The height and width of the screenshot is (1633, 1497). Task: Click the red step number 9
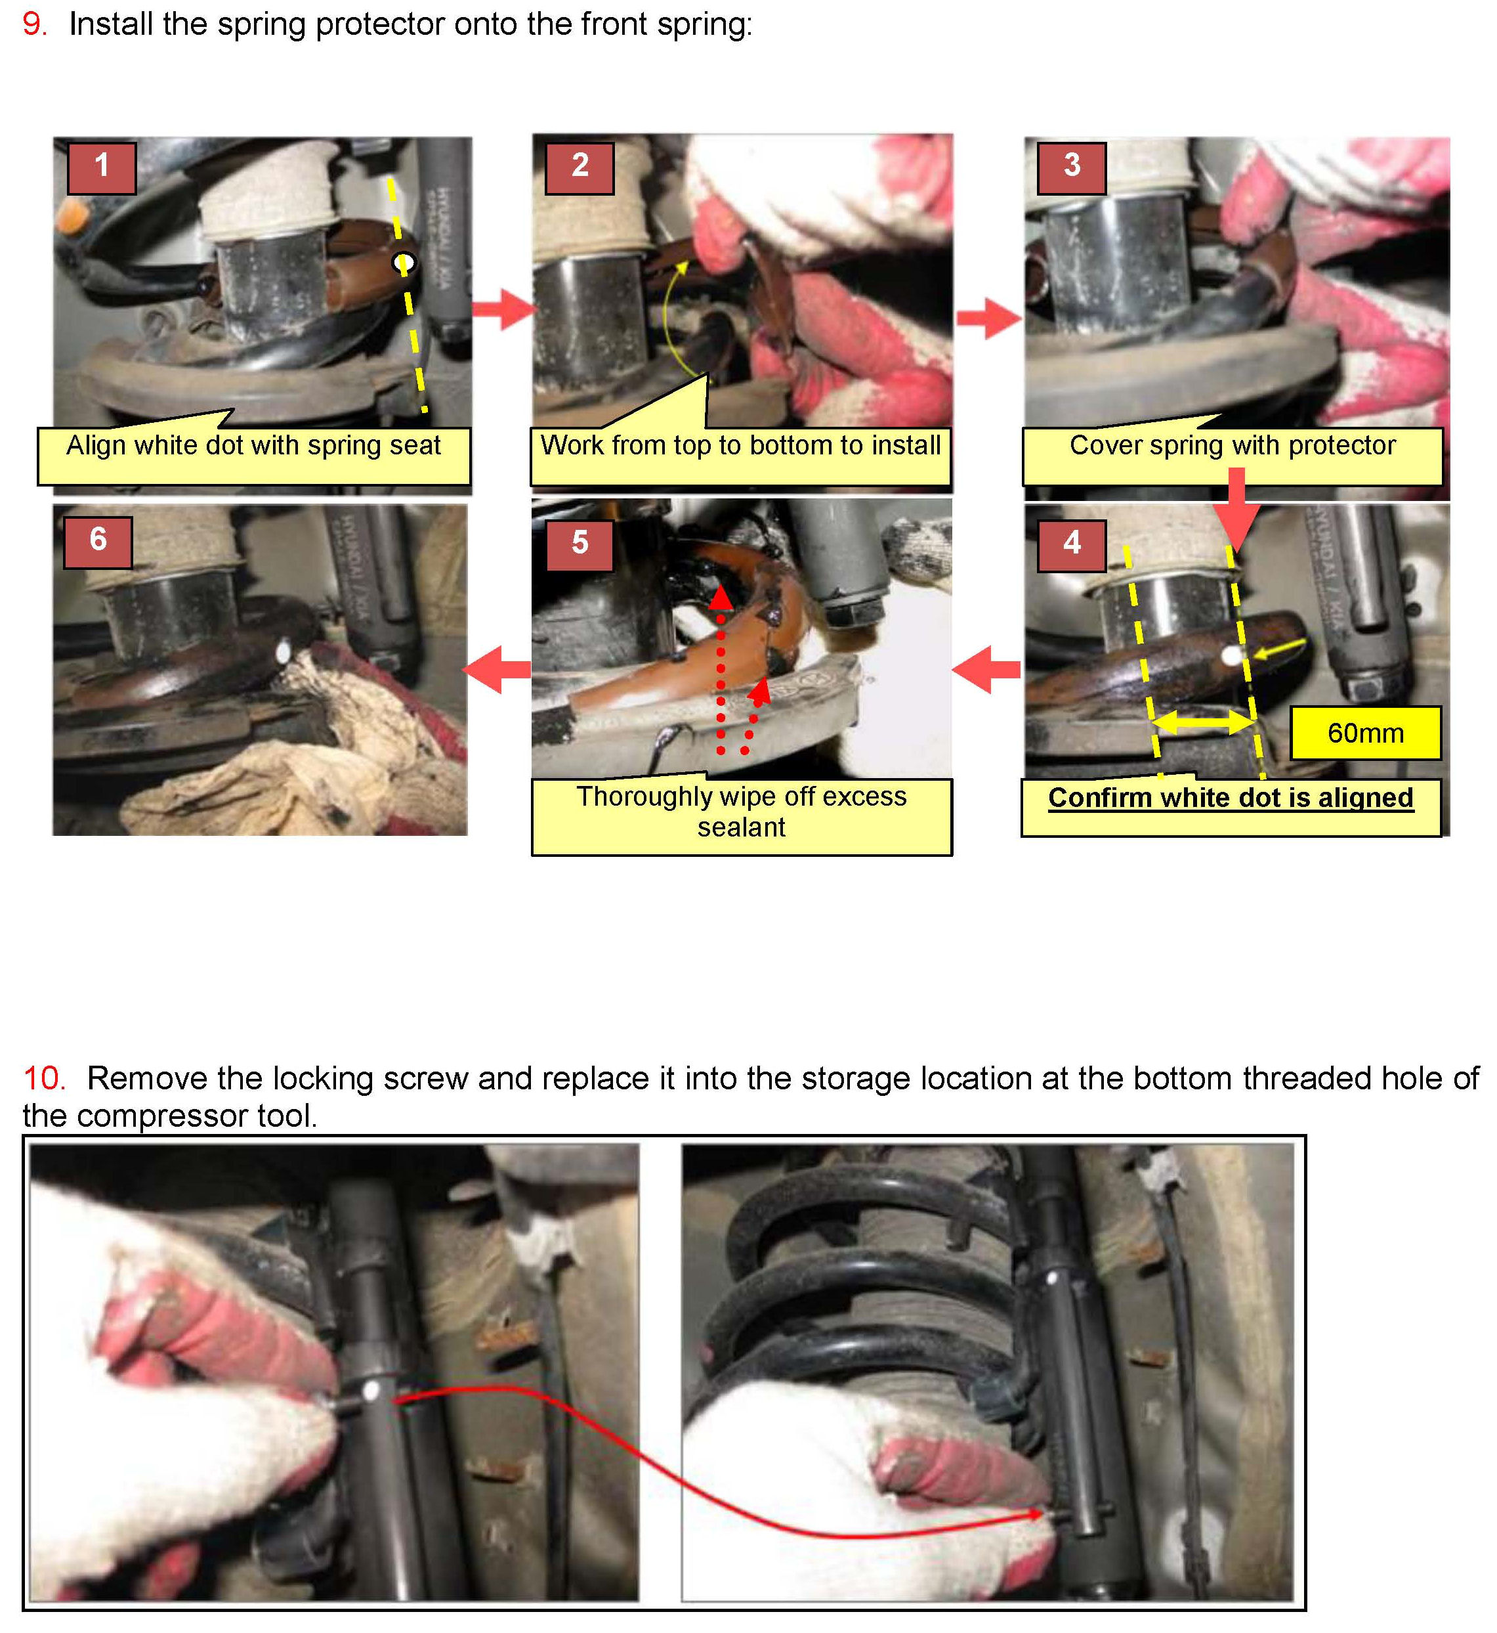34,24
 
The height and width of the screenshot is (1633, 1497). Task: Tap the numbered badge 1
101,167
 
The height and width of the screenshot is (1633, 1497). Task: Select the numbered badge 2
580,167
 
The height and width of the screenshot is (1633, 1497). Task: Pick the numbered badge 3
1072,167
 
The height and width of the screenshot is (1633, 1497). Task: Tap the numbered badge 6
98,541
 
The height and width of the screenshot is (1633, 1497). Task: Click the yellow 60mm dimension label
1365,733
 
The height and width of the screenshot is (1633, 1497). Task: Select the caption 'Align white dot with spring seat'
253,445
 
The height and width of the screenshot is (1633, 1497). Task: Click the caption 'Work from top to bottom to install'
740,445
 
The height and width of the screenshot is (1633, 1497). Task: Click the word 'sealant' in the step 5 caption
741,827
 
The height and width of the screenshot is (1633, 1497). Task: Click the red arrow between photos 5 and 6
497,669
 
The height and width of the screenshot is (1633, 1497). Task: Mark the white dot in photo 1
404,263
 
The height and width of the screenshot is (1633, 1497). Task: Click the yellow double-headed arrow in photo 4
1202,721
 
